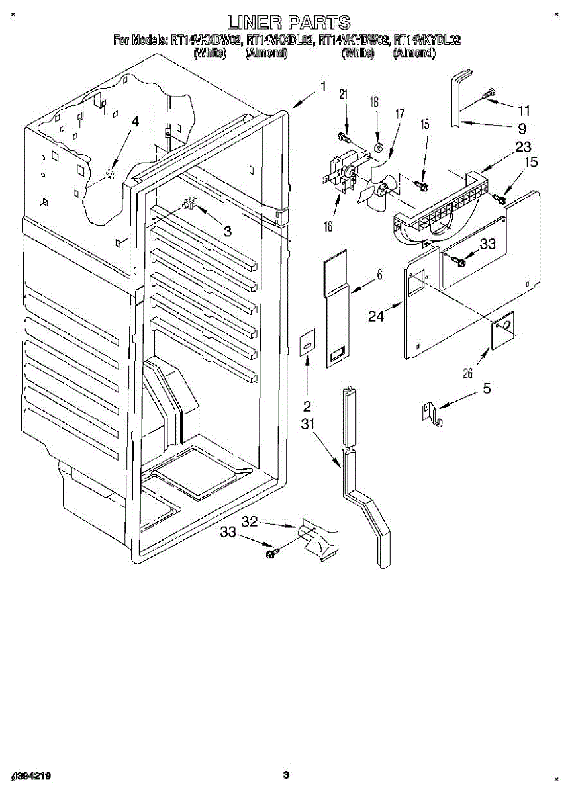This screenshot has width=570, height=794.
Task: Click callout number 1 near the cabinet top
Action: [x=323, y=86]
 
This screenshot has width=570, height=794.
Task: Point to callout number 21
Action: [x=343, y=95]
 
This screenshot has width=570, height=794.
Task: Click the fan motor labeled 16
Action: [x=340, y=173]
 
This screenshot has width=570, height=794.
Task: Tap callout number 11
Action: [x=524, y=110]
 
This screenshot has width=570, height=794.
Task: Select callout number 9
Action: [x=522, y=128]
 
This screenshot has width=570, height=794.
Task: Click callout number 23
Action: [x=522, y=147]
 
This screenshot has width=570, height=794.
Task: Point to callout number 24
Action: [x=376, y=316]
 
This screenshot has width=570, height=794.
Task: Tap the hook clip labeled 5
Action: [x=432, y=414]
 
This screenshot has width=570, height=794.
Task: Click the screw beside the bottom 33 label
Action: [x=271, y=552]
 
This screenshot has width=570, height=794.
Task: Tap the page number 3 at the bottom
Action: [x=286, y=775]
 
